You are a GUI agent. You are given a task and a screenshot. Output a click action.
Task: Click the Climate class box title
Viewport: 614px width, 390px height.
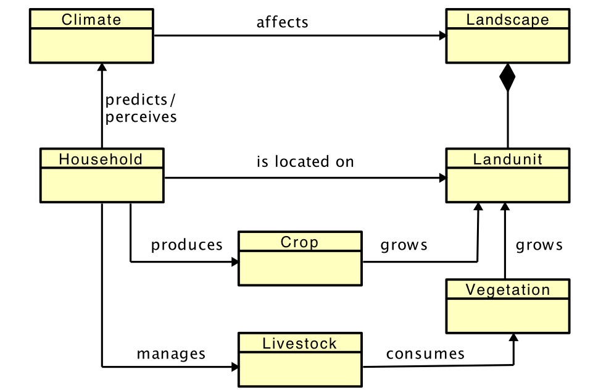(91, 19)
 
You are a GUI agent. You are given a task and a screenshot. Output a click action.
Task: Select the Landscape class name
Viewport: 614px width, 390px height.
(507, 19)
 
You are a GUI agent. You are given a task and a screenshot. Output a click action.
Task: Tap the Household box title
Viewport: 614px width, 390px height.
(101, 159)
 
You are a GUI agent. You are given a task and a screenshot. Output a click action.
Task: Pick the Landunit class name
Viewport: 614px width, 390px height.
(507, 159)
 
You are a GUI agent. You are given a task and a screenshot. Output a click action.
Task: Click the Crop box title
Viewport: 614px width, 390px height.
(300, 242)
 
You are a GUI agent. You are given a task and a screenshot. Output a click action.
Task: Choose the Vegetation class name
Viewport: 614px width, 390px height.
(507, 289)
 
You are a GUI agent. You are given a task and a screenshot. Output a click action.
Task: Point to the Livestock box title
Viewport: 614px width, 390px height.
(300, 343)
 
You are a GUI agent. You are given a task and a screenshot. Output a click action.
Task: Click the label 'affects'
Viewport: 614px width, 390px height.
(282, 22)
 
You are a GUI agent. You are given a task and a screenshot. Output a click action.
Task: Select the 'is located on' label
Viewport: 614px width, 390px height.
(305, 162)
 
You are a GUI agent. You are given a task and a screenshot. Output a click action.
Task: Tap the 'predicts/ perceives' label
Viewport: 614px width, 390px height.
(141, 108)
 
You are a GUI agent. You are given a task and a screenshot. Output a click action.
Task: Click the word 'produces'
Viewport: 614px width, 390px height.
(187, 245)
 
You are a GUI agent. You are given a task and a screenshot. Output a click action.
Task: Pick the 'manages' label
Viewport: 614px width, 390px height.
(171, 354)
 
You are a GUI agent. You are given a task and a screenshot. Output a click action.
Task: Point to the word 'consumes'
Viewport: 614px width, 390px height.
(425, 354)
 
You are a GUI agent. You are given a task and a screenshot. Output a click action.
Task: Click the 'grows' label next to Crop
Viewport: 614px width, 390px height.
(404, 245)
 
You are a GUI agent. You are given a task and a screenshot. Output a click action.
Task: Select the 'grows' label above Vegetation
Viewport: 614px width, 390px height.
(539, 245)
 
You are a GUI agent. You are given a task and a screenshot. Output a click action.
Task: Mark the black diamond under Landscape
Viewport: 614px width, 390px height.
(507, 77)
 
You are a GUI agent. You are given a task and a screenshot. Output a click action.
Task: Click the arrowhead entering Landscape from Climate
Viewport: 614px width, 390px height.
(442, 36)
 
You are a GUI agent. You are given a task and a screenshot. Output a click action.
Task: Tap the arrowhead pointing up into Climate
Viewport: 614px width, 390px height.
(102, 67)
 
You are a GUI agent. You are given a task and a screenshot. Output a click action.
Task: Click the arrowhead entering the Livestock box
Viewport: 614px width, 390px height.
(234, 367)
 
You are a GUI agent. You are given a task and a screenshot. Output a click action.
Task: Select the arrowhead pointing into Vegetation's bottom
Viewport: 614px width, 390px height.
(512, 337)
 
